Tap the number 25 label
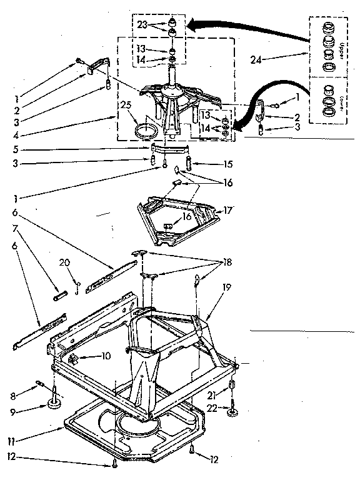127,106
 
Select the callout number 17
228,211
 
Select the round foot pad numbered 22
232,412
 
